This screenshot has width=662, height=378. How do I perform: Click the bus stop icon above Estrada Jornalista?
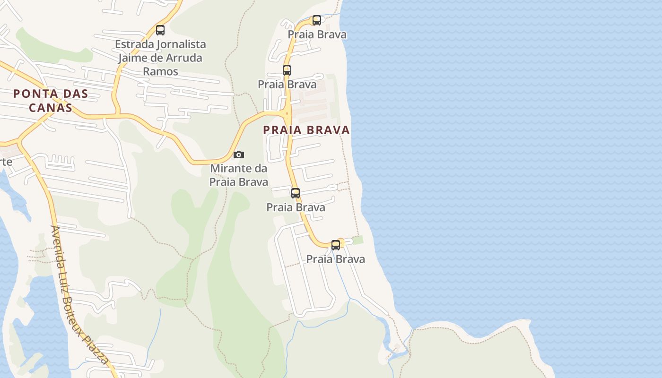(160, 30)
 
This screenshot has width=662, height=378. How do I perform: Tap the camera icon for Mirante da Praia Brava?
(239, 155)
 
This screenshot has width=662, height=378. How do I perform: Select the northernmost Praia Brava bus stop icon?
(317, 20)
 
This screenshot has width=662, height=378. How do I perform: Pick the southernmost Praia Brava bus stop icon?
(336, 245)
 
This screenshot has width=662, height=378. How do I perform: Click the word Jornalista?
(182, 44)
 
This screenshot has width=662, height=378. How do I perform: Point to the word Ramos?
(160, 71)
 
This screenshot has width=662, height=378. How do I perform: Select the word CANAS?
(51, 108)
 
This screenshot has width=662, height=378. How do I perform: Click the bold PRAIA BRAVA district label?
(306, 130)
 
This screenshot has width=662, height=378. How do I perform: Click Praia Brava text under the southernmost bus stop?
(336, 259)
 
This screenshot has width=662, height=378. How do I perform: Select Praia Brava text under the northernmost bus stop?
(317, 34)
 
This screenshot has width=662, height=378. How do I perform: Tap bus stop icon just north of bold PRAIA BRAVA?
(287, 70)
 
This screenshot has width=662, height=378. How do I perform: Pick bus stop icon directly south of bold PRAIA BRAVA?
(296, 193)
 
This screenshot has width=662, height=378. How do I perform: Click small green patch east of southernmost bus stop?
(358, 240)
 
